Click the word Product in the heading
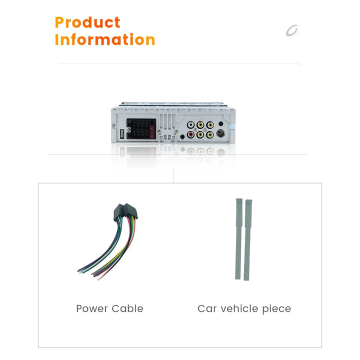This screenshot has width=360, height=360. click(x=87, y=22)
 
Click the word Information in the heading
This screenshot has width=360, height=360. click(x=105, y=39)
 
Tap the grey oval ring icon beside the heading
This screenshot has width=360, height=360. click(x=292, y=30)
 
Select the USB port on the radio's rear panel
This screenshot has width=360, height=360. click(x=122, y=134)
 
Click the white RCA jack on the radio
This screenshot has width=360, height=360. click(x=190, y=125)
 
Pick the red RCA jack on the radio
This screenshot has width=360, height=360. click(x=190, y=134)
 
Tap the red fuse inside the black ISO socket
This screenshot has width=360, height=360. click(x=152, y=131)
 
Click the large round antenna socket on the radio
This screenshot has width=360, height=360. click(x=220, y=133)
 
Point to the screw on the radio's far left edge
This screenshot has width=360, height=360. click(x=113, y=125)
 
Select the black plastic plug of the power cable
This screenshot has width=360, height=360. click(x=125, y=211)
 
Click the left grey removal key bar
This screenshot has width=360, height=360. click(x=239, y=239)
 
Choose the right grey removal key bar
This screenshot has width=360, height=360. click(x=247, y=240)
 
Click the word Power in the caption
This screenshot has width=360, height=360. click(x=92, y=308)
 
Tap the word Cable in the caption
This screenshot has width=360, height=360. click(x=127, y=308)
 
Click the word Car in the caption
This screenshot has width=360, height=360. click(x=207, y=309)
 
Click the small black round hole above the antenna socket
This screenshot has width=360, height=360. click(x=221, y=124)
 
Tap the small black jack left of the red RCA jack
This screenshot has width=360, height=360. click(x=182, y=137)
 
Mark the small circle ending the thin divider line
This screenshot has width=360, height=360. click(x=299, y=63)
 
